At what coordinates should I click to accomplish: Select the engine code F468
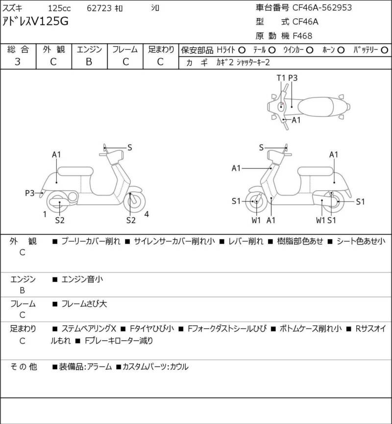pos(302,35)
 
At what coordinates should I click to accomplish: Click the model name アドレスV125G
pos(36,21)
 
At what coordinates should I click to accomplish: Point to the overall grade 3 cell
pos(18,62)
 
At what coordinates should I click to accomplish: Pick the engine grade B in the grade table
pos(89,62)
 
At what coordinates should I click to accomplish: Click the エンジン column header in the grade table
pos(89,50)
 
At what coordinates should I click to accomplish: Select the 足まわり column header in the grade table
pos(161,50)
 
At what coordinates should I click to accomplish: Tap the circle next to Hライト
pos(242,50)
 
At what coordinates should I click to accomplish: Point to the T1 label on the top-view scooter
pos(280,77)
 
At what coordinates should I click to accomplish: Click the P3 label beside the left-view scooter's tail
pos(30,193)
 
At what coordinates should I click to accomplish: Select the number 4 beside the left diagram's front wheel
pos(147,213)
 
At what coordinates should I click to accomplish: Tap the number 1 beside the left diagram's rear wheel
pos(45,214)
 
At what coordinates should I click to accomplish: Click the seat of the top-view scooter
pos(319,105)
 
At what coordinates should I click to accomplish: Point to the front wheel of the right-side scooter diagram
pos(256,200)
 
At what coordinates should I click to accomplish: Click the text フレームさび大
pos(84,304)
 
